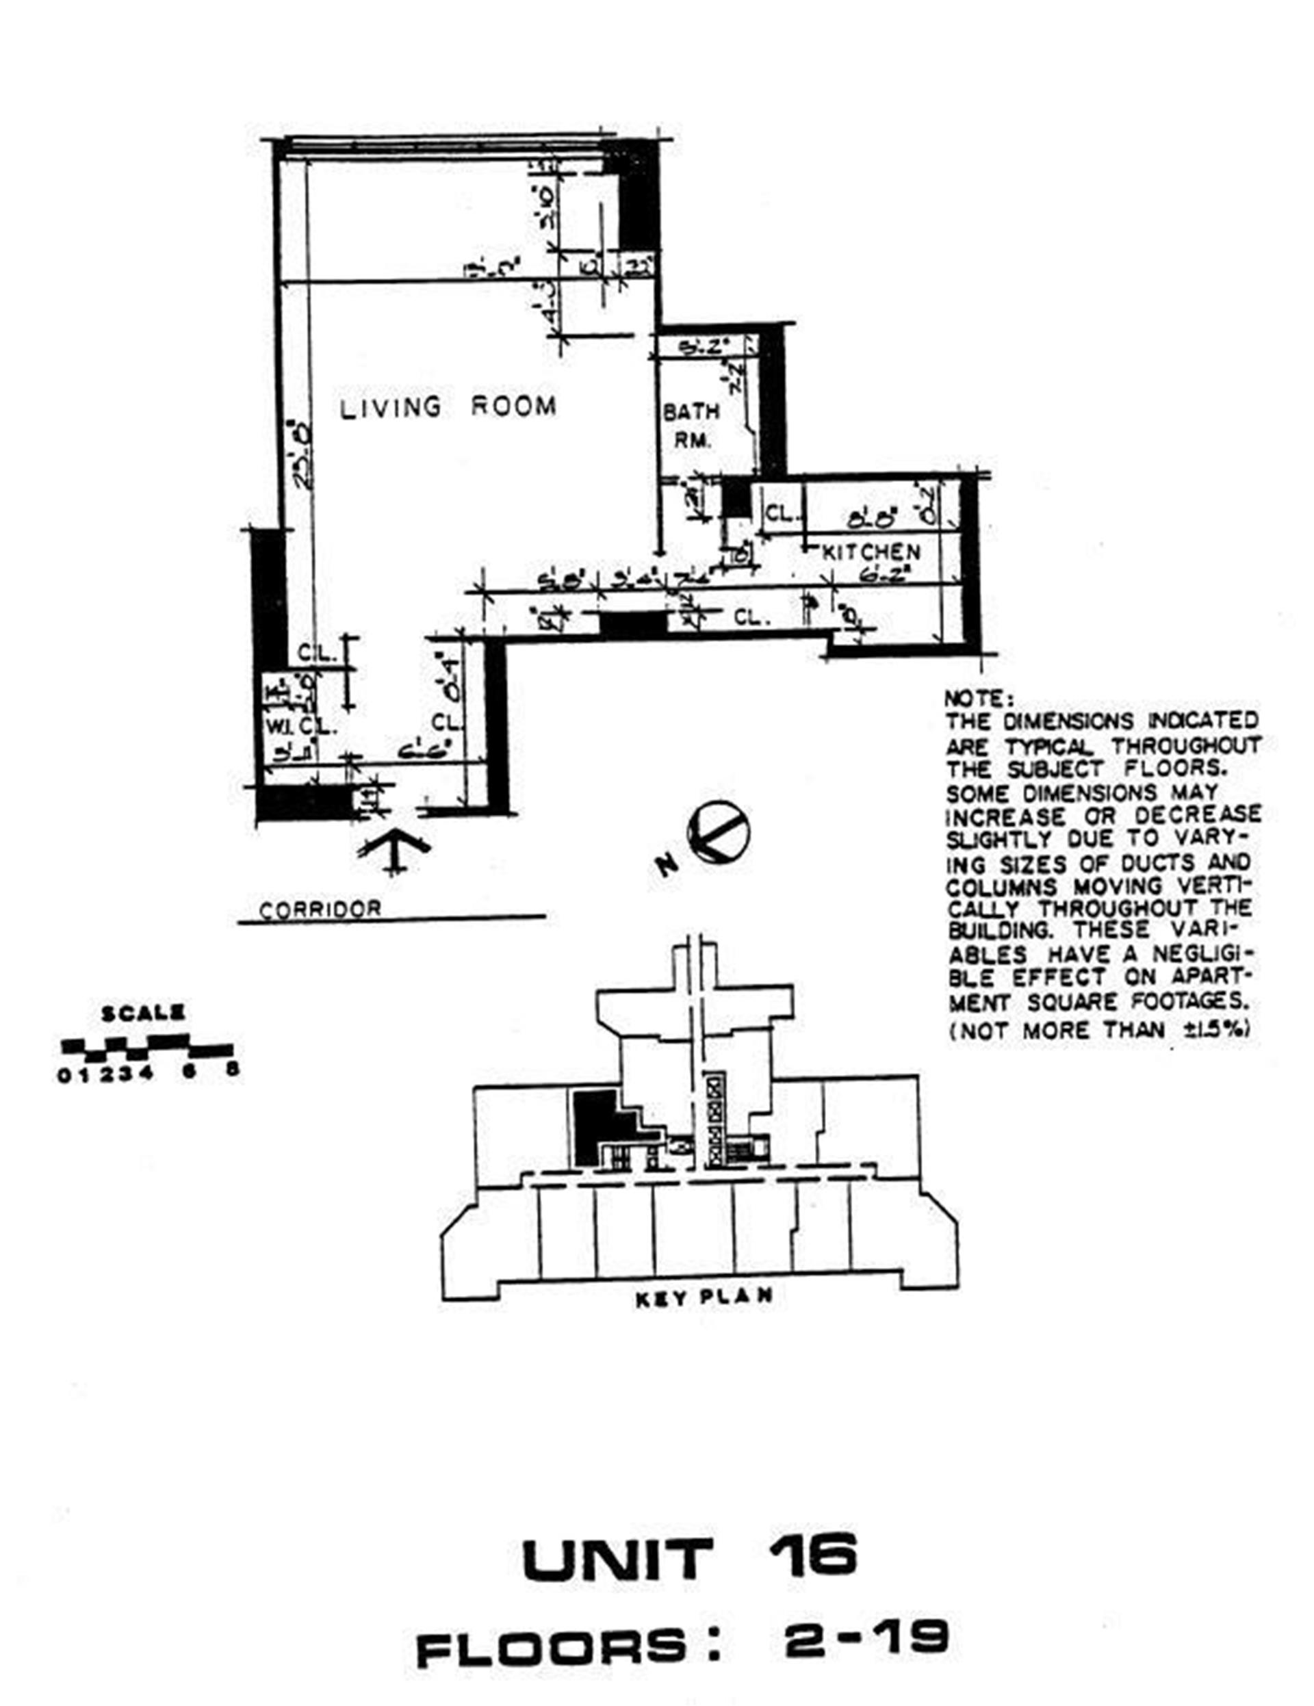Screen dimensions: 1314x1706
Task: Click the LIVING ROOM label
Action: tap(448, 407)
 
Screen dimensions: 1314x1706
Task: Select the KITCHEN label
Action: tap(871, 552)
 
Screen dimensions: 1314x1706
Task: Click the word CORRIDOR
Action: tap(320, 909)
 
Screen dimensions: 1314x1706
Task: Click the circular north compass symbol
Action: tap(718, 833)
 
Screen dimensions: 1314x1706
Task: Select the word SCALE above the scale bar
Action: tap(143, 1014)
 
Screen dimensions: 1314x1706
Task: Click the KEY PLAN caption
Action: tap(704, 1297)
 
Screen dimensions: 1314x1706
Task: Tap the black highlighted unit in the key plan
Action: tap(594, 1125)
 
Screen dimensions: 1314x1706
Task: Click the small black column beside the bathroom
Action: tap(734, 498)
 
